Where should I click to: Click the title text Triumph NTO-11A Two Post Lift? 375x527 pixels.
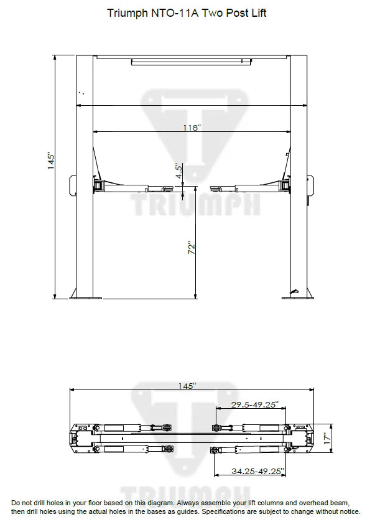coord(187,13)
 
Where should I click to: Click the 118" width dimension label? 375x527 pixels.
coord(192,127)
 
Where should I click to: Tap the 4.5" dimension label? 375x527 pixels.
coord(178,172)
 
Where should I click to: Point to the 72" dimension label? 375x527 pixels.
coord(193,248)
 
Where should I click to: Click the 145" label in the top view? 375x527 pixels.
coord(187,386)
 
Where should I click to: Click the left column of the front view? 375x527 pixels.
coord(84,174)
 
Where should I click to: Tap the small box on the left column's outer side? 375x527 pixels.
coord(72,184)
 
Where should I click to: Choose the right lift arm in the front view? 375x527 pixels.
coord(249,186)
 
